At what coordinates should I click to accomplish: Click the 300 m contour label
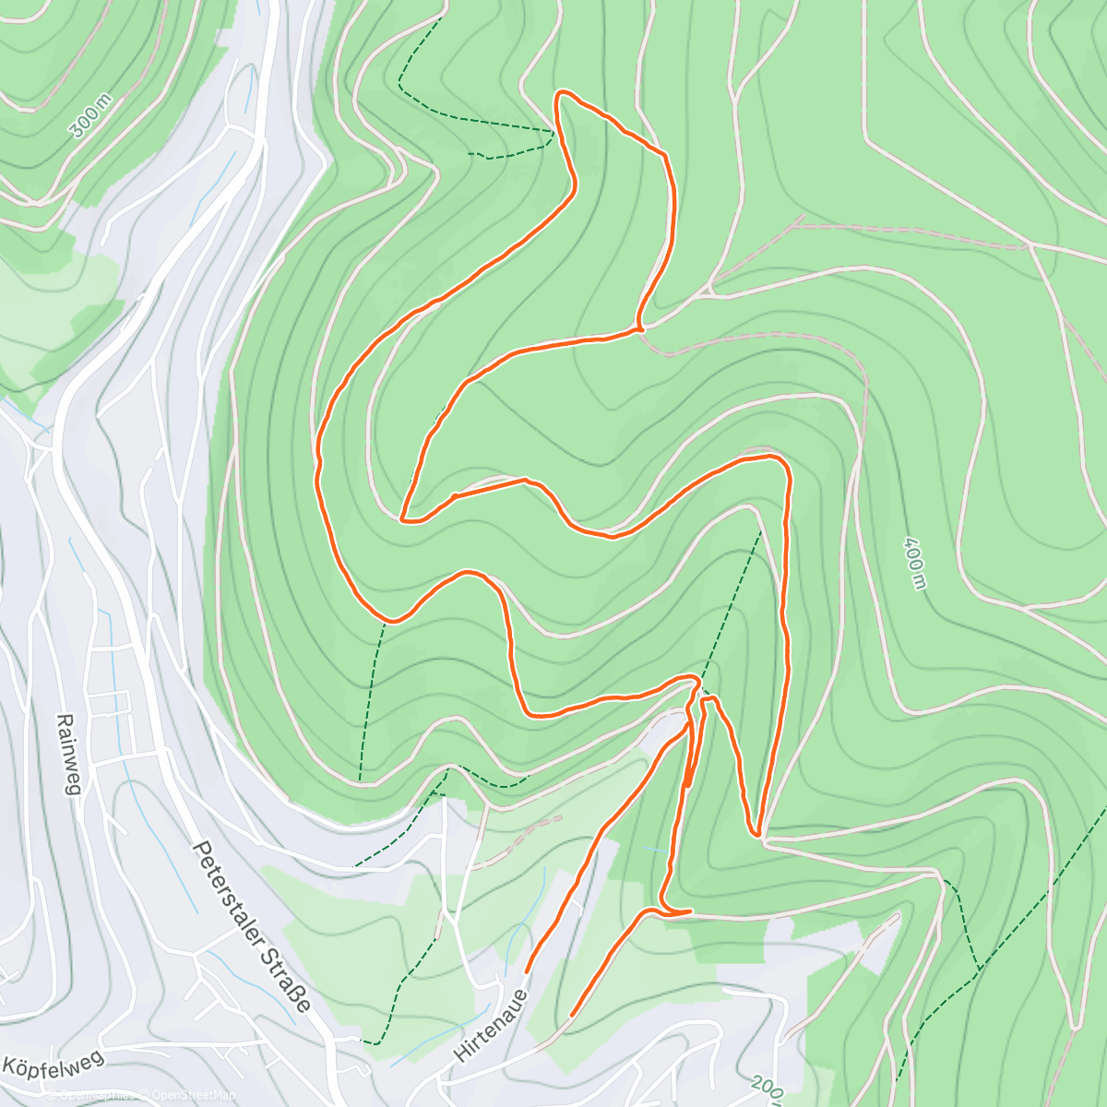(89, 116)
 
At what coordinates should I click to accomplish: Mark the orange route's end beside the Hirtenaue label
(527, 971)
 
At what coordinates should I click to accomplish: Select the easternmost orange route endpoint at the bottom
(572, 1015)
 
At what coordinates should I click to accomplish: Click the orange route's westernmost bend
(318, 461)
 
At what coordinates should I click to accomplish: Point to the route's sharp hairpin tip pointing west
(403, 520)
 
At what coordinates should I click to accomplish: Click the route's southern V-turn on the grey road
(757, 834)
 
